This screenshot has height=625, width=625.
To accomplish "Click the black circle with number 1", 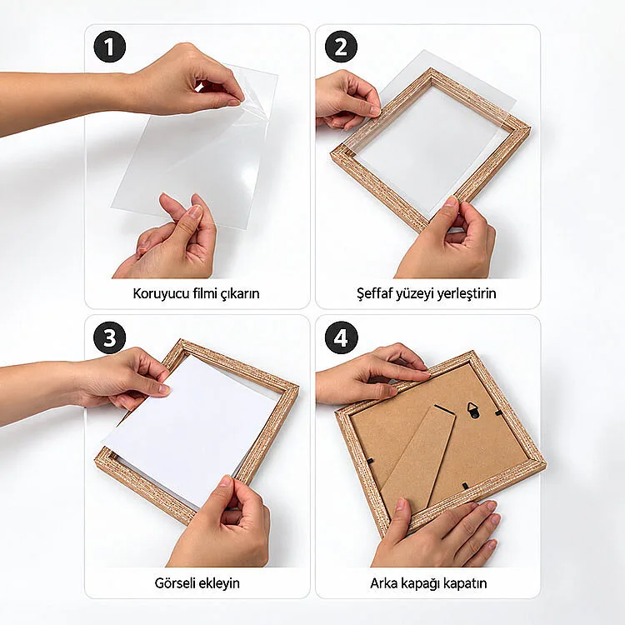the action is coord(110,47).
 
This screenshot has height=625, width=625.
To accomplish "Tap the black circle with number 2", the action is coord(341,47).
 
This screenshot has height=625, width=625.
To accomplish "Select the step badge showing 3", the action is coord(110,337).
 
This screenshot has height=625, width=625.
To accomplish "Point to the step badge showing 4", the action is coord(341,337).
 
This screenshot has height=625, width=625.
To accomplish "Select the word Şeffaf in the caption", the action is coord(375,294).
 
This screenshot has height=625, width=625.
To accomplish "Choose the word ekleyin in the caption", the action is coord(221,583).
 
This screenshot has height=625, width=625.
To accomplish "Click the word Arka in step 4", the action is coord(384,583).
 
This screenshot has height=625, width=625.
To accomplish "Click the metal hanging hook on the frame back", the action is coord(473,410).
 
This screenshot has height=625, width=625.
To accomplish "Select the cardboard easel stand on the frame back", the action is coord(418,458).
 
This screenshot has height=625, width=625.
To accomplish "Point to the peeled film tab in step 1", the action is coord(199,87).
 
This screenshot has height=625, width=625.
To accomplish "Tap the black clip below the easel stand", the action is coord(464,485).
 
